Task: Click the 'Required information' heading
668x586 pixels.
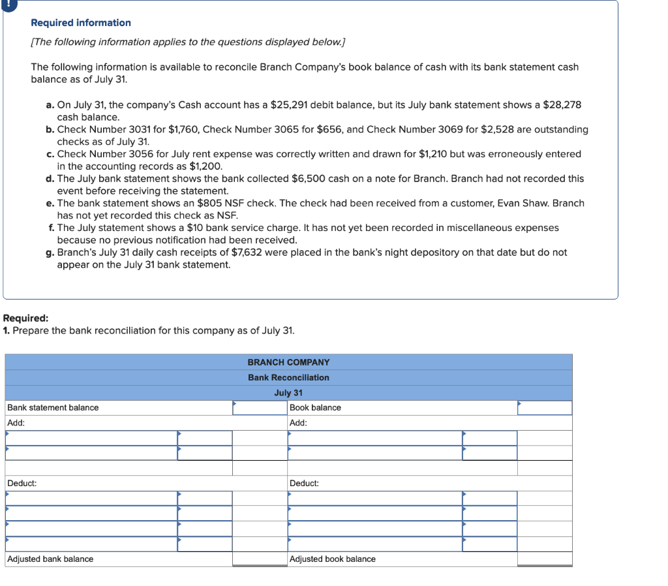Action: pyautogui.click(x=81, y=23)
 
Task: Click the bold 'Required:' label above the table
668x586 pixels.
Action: pyautogui.click(x=26, y=318)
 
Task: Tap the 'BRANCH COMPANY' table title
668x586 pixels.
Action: pyautogui.click(x=288, y=362)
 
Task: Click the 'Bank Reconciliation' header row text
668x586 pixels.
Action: pyautogui.click(x=288, y=378)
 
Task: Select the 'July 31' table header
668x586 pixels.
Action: pyautogui.click(x=288, y=393)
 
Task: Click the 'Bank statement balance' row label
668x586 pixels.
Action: pyautogui.click(x=53, y=408)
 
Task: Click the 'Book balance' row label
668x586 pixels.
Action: pyautogui.click(x=315, y=408)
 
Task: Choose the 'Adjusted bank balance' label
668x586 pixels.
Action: pyautogui.click(x=50, y=559)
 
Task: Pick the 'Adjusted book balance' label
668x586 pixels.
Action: pyautogui.click(x=333, y=559)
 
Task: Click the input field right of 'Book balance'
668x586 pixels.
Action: pyautogui.click(x=545, y=408)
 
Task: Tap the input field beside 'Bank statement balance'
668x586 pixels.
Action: pyautogui.click(x=260, y=408)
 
